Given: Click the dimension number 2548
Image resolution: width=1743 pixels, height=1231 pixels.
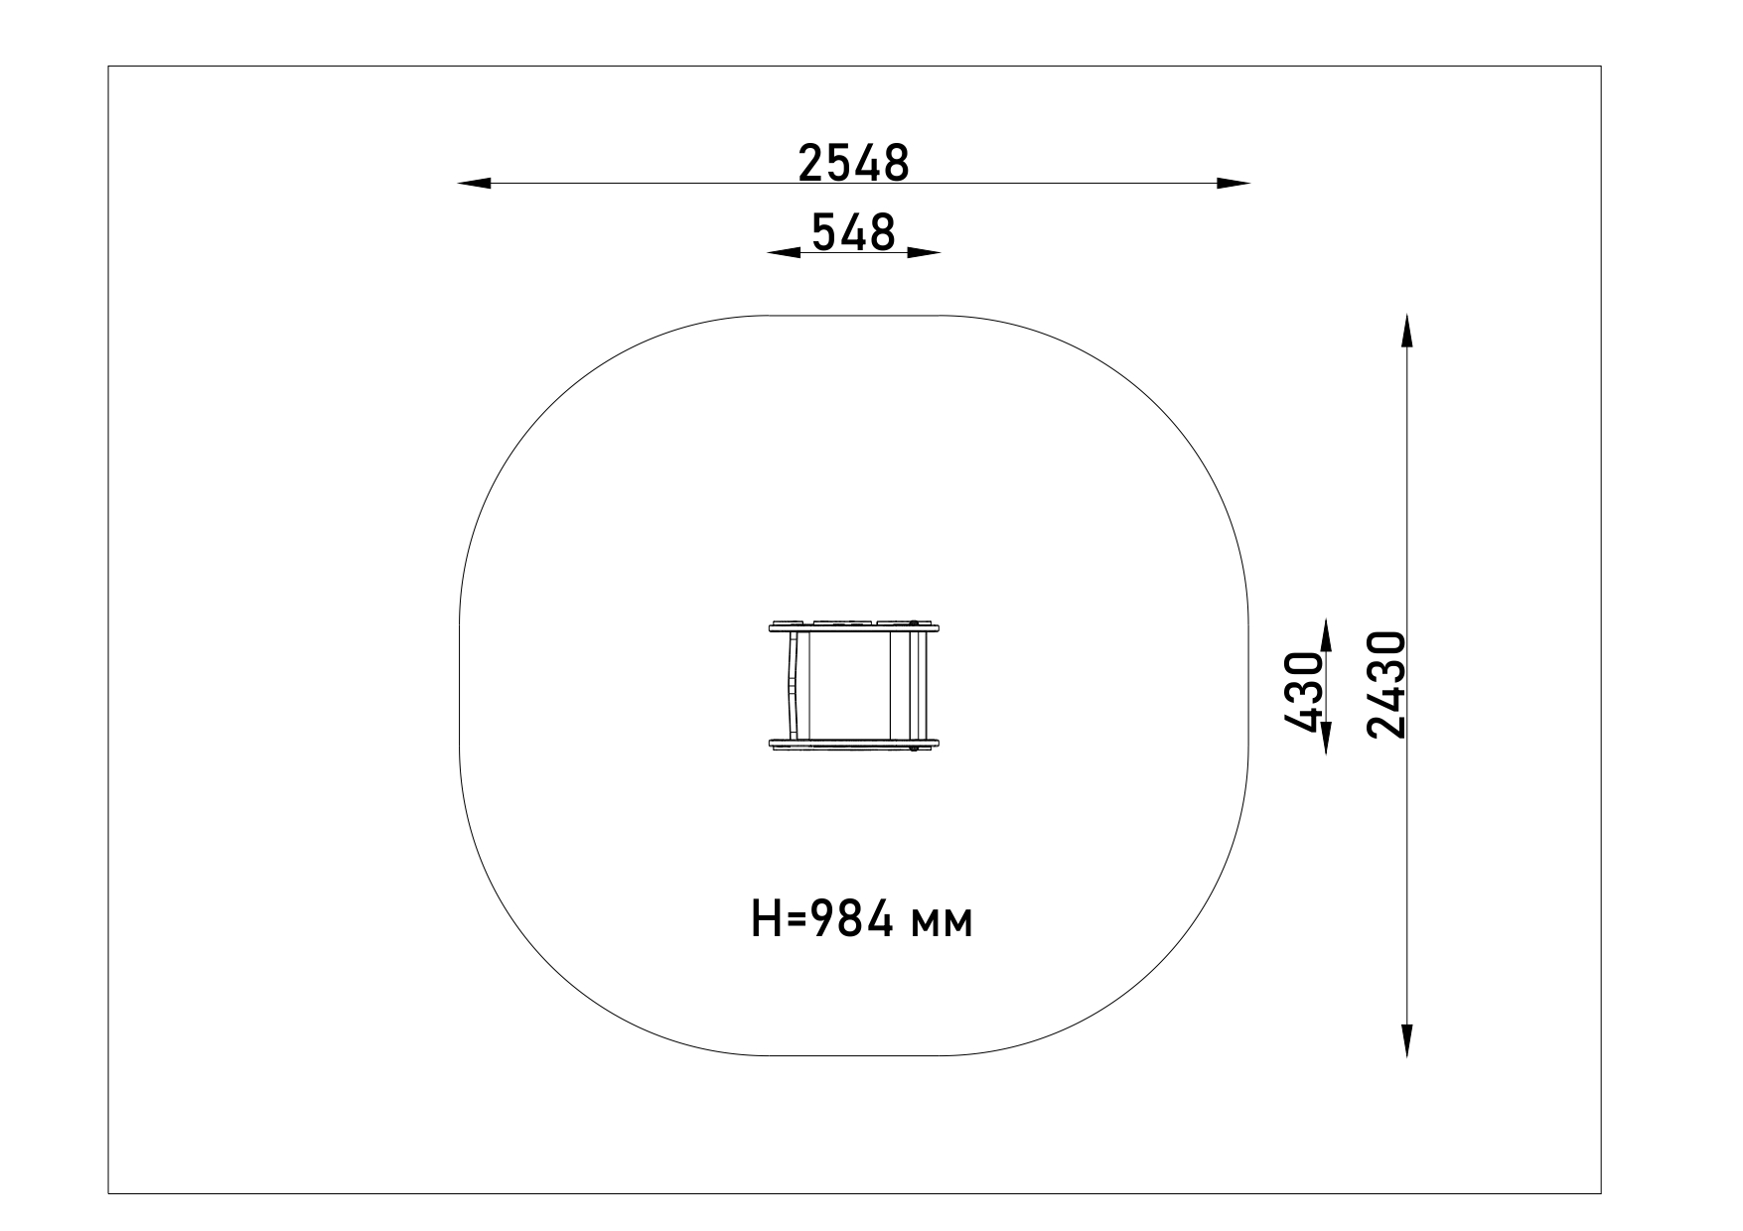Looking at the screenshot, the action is click(x=853, y=163).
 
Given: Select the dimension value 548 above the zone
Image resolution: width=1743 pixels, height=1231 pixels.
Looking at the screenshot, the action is click(x=853, y=232).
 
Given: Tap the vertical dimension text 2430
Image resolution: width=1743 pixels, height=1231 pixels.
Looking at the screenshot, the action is click(x=1386, y=685).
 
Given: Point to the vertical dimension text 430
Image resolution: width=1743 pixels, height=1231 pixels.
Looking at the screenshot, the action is click(x=1302, y=692).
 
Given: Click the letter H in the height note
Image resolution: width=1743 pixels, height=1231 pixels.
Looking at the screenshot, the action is click(x=766, y=921).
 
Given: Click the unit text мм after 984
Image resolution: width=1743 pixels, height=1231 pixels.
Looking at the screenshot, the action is click(x=943, y=926).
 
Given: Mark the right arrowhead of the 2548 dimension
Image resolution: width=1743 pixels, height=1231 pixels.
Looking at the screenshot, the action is click(x=1234, y=183).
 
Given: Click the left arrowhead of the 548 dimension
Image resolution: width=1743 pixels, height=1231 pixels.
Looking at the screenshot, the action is click(x=784, y=252).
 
